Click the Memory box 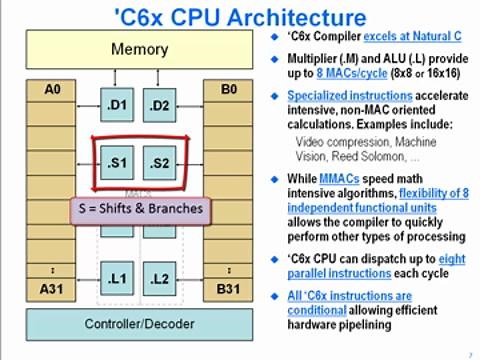pos(139,49)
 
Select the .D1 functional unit pos(118,104)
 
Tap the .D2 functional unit pos(161,104)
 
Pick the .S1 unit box pos(118,160)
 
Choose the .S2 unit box pos(161,160)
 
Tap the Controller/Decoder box pos(139,323)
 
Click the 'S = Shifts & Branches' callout pos(140,210)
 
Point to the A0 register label pos(52,91)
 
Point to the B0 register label pos(227,91)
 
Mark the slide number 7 pos(470,354)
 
